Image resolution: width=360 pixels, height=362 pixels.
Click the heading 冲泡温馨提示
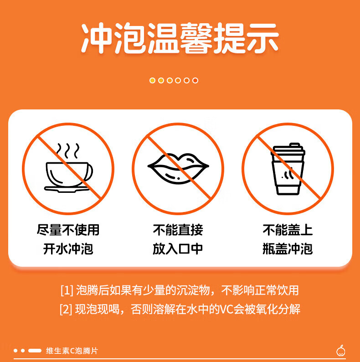(x=180, y=38)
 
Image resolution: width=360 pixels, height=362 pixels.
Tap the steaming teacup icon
(x=68, y=168)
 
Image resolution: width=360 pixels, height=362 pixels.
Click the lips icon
(x=178, y=169)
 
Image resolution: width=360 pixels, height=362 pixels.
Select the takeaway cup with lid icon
(x=288, y=169)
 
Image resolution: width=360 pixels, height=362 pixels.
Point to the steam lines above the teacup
(x=68, y=151)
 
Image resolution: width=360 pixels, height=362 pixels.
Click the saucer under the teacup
(x=67, y=189)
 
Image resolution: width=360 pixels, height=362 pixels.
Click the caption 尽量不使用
(x=68, y=230)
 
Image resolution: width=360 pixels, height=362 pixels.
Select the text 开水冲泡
(x=68, y=249)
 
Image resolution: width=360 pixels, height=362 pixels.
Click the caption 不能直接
(x=178, y=230)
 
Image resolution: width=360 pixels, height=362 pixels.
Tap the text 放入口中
(x=178, y=249)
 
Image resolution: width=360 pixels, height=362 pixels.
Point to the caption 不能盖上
(x=288, y=230)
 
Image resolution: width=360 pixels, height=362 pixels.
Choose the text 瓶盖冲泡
(x=288, y=249)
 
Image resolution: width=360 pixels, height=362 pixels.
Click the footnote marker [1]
(x=67, y=290)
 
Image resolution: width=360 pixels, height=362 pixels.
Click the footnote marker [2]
(x=66, y=309)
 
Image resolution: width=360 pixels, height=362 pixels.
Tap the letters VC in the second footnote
(x=226, y=310)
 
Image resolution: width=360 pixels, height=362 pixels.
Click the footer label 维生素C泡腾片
(x=72, y=351)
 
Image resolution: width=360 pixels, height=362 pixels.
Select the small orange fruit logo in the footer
(x=341, y=351)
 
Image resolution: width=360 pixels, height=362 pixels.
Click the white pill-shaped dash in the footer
(x=35, y=351)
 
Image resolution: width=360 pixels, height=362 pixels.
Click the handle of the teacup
(x=89, y=172)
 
